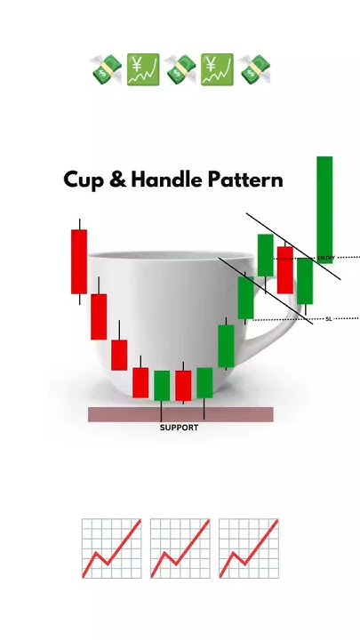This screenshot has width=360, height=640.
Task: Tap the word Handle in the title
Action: click(164, 179)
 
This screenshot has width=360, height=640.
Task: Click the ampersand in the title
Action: click(116, 180)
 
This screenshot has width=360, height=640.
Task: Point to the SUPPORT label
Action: click(179, 428)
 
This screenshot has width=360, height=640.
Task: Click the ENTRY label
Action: click(324, 258)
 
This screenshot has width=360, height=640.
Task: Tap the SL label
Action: click(328, 318)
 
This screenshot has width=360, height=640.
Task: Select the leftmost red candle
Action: click(79, 260)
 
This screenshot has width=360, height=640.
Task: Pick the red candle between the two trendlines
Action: click(285, 269)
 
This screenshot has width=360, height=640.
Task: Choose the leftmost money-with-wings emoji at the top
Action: click(106, 69)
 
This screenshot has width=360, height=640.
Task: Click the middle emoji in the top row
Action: click(180, 69)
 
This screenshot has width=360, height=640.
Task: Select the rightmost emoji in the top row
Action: click(254, 69)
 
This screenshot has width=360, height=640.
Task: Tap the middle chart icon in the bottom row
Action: click(180, 548)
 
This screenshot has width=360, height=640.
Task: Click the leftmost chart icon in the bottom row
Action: click(111, 548)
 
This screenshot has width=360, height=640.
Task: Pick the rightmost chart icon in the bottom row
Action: click(249, 548)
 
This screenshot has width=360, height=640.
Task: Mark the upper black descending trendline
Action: click(293, 246)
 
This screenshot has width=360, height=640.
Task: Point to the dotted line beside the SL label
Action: click(347, 318)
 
